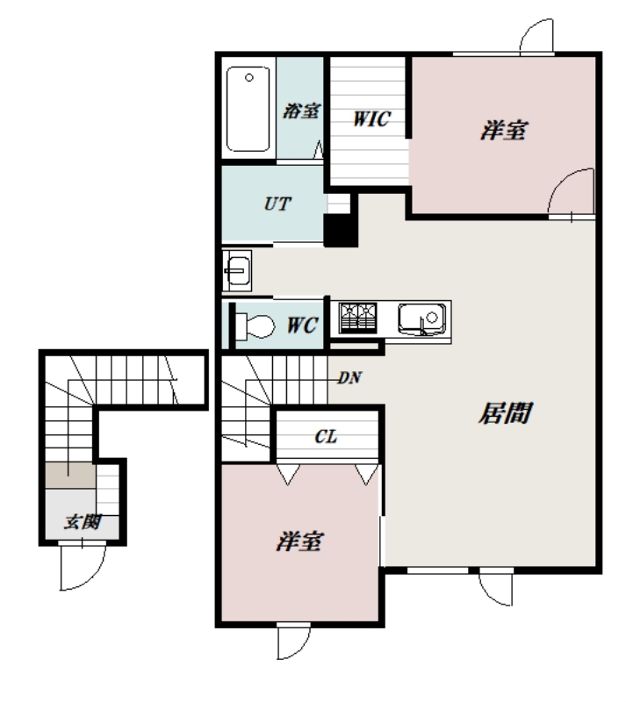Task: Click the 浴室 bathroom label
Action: (301, 111)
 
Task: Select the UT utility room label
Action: (277, 201)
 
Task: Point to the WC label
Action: (300, 324)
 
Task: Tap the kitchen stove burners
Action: (357, 319)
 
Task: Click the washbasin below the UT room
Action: (237, 269)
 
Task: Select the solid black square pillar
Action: (338, 230)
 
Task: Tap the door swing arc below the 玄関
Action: (71, 568)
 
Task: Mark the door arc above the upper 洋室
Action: (536, 35)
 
